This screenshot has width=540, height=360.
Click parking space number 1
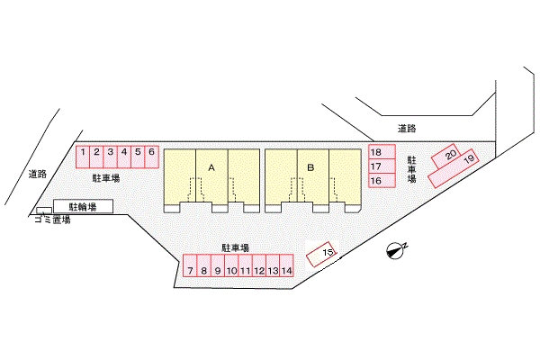(x=83, y=157)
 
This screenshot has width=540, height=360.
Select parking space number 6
(x=152, y=157)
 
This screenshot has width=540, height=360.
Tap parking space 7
(x=190, y=265)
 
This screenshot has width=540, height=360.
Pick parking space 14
(x=286, y=265)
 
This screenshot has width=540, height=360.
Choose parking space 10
(x=231, y=265)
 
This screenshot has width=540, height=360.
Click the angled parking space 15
(x=321, y=254)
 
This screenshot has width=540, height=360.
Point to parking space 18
(x=382, y=151)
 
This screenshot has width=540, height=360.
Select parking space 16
(x=382, y=180)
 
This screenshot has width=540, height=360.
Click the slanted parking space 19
(x=454, y=168)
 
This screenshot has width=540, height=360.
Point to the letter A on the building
(x=211, y=167)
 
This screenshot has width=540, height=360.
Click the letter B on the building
(x=310, y=167)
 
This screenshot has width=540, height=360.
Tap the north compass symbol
(x=396, y=250)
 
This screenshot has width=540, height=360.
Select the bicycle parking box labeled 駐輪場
(x=84, y=206)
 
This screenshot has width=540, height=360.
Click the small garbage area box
(x=44, y=211)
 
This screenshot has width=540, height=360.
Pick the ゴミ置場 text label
(x=52, y=220)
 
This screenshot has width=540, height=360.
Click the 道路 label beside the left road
(x=38, y=174)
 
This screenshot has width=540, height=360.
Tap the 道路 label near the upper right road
(x=407, y=129)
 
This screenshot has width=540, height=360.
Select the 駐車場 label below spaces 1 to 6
(x=106, y=178)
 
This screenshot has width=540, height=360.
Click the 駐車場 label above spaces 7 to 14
(x=236, y=247)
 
